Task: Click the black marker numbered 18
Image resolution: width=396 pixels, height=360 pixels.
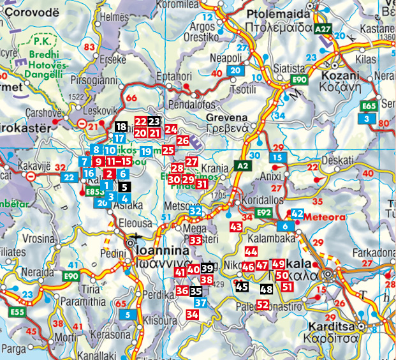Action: (121, 127)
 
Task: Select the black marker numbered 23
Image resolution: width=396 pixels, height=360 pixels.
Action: (154, 121)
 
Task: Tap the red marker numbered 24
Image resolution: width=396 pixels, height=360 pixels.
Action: (170, 129)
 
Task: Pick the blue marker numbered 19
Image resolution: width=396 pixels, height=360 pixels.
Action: (146, 151)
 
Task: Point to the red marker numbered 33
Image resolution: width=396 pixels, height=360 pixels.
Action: (196, 239)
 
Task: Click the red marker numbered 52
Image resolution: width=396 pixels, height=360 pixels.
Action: (263, 305)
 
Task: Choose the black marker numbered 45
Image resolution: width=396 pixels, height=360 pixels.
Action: (242, 287)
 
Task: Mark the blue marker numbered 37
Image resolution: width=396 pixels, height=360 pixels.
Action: (200, 303)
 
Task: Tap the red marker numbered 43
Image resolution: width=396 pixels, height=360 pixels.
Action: (236, 227)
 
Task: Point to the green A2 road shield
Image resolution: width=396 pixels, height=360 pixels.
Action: (242, 165)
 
